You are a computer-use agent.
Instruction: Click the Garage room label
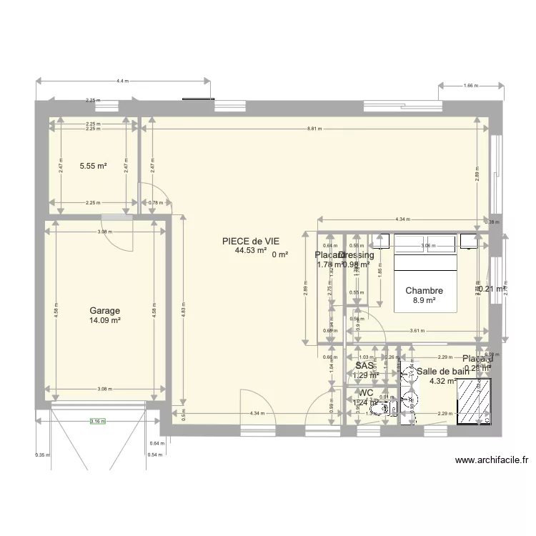(104, 311)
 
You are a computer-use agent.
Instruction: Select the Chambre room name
(424, 291)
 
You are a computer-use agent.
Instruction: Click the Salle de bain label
(443, 371)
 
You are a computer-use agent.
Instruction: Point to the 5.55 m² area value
(93, 166)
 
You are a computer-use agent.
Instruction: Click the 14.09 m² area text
(104, 321)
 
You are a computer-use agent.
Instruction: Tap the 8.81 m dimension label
(314, 129)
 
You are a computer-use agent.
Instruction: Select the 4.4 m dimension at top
(122, 81)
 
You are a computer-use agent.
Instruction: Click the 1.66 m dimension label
(471, 86)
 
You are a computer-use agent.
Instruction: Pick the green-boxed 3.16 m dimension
(97, 421)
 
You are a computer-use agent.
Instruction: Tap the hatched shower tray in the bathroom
(474, 402)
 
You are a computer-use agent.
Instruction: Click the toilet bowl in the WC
(391, 408)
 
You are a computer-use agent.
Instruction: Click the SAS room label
(364, 365)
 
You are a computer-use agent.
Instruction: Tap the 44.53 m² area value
(250, 251)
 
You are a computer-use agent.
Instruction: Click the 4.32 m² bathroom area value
(442, 381)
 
